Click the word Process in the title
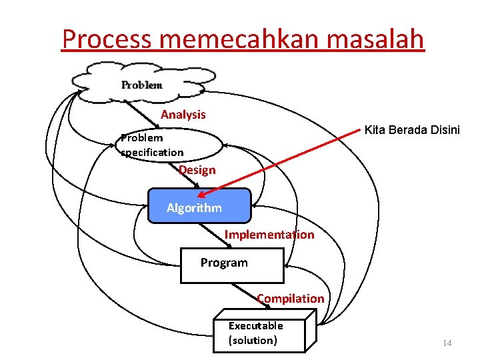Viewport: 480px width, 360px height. pos(107,39)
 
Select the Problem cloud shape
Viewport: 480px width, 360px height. pos(141,84)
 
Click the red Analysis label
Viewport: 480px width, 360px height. pos(183,115)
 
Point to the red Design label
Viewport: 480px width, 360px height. pos(197,170)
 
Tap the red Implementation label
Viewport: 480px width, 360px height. pos(269,234)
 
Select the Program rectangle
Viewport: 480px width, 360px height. pos(232,264)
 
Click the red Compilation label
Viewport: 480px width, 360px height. pos(290,298)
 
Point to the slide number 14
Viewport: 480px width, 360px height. pos(447,343)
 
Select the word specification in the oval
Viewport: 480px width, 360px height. pos(152,152)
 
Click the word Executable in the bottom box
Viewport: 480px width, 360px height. pos(255,325)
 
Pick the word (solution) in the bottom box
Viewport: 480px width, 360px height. pos(253,340)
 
